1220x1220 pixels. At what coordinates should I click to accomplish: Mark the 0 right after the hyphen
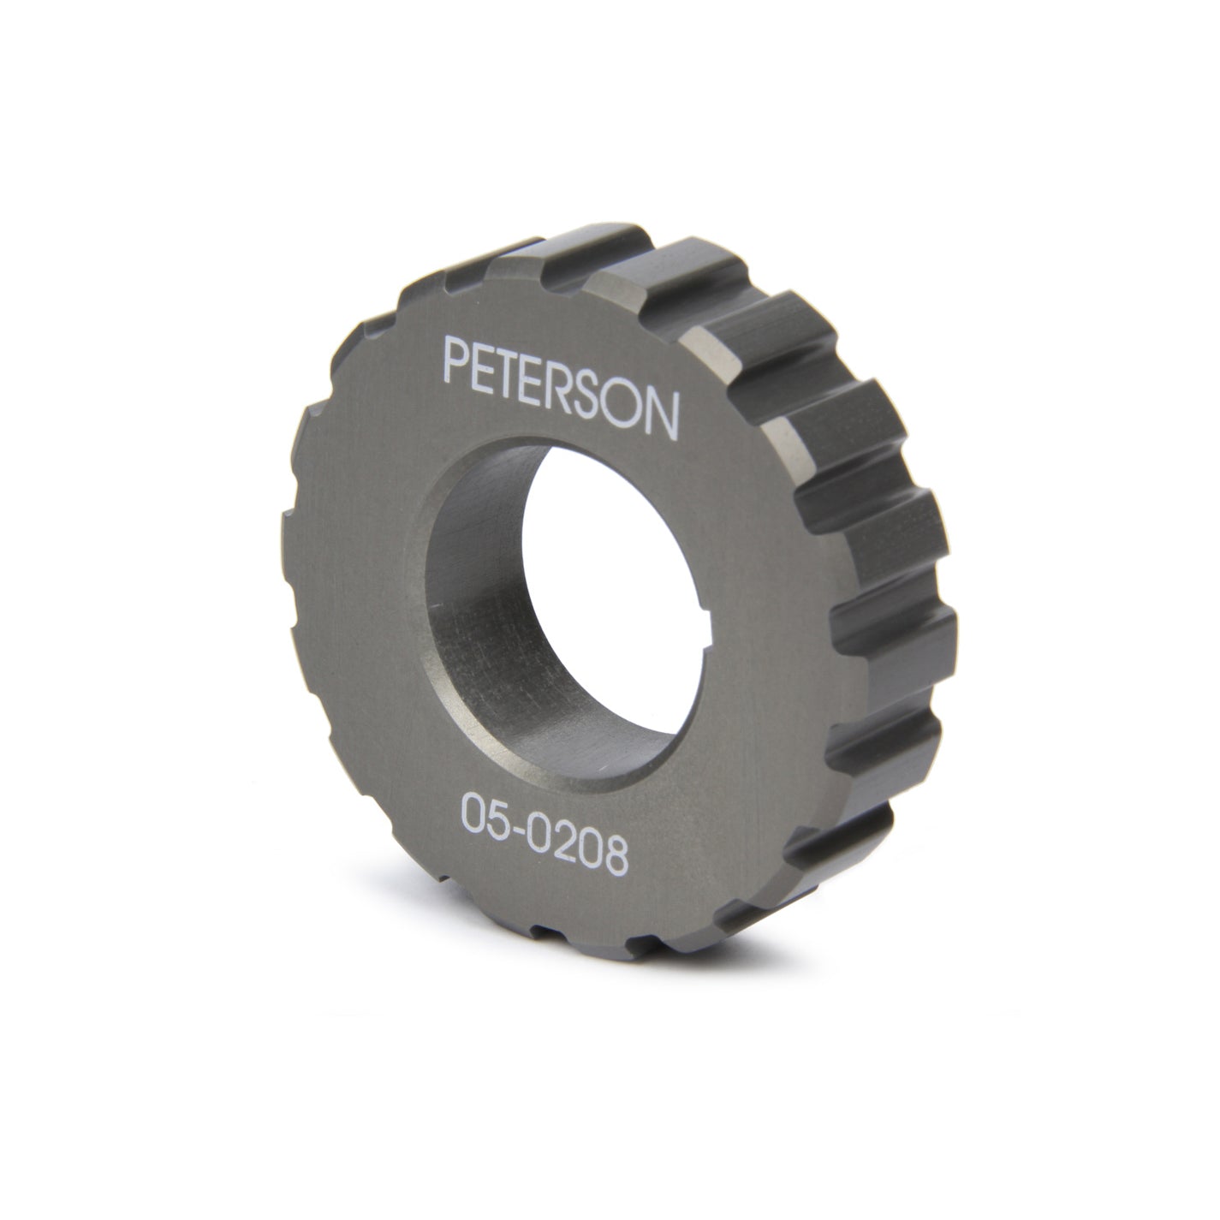click(545, 826)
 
